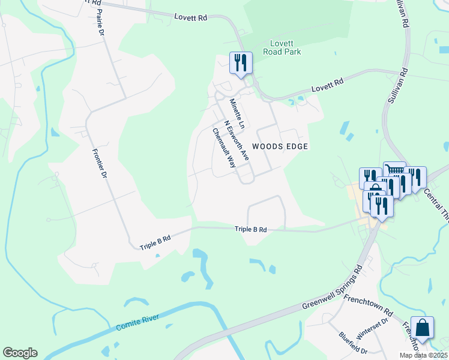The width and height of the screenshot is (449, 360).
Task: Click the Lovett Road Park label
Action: pyautogui.click(x=277, y=47)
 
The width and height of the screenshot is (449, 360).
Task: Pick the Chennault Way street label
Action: pyautogui.click(x=223, y=148)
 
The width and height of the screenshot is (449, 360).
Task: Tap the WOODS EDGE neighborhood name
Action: pyautogui.click(x=280, y=146)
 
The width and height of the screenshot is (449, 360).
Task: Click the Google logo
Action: pyautogui.click(x=20, y=353)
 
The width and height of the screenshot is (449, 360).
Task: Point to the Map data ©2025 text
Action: pyautogui.click(x=423, y=355)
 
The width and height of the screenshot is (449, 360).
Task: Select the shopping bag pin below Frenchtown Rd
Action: pyautogui.click(x=422, y=328)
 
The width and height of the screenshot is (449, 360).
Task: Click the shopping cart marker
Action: pyautogui.click(x=394, y=172)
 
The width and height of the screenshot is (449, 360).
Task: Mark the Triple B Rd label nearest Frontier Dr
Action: pyautogui.click(x=155, y=242)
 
